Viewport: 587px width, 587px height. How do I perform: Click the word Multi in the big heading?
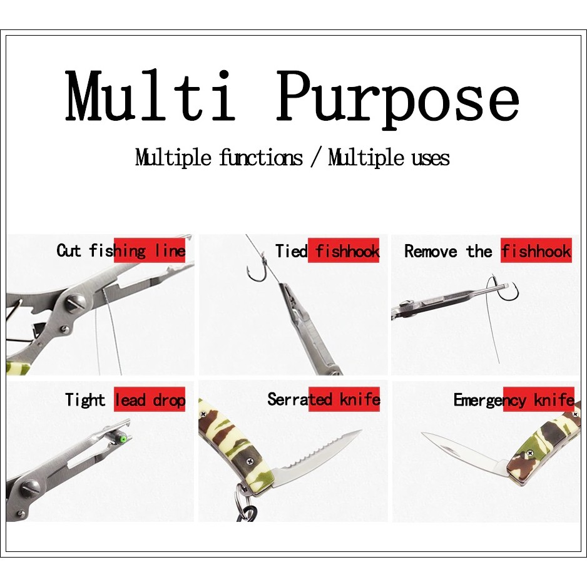click(x=150, y=96)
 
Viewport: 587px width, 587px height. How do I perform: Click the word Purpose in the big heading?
click(x=397, y=100)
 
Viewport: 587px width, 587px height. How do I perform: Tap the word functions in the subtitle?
click(x=260, y=158)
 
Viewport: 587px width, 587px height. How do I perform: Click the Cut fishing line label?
click(x=121, y=251)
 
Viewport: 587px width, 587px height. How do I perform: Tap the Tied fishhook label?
click(x=327, y=251)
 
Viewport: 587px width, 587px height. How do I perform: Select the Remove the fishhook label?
click(x=487, y=251)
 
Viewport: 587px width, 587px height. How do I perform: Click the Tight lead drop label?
click(x=125, y=400)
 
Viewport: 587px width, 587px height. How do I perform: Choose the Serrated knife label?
click(x=324, y=399)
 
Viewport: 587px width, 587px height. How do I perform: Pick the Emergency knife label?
click(x=514, y=400)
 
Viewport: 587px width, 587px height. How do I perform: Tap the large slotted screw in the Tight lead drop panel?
click(x=31, y=488)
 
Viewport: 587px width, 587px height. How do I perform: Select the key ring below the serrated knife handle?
click(x=246, y=506)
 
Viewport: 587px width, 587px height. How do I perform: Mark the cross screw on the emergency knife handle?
click(x=529, y=453)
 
